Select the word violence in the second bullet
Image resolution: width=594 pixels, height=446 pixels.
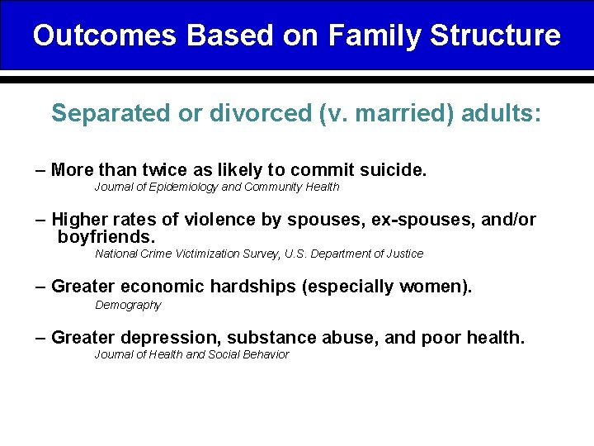coord(244,220)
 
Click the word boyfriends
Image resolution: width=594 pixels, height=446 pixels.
coord(106,237)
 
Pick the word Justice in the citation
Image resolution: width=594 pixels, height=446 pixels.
coord(405,254)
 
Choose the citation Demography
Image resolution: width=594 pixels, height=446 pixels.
coord(128,306)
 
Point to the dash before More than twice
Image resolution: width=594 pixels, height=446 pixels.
coord(40,170)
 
